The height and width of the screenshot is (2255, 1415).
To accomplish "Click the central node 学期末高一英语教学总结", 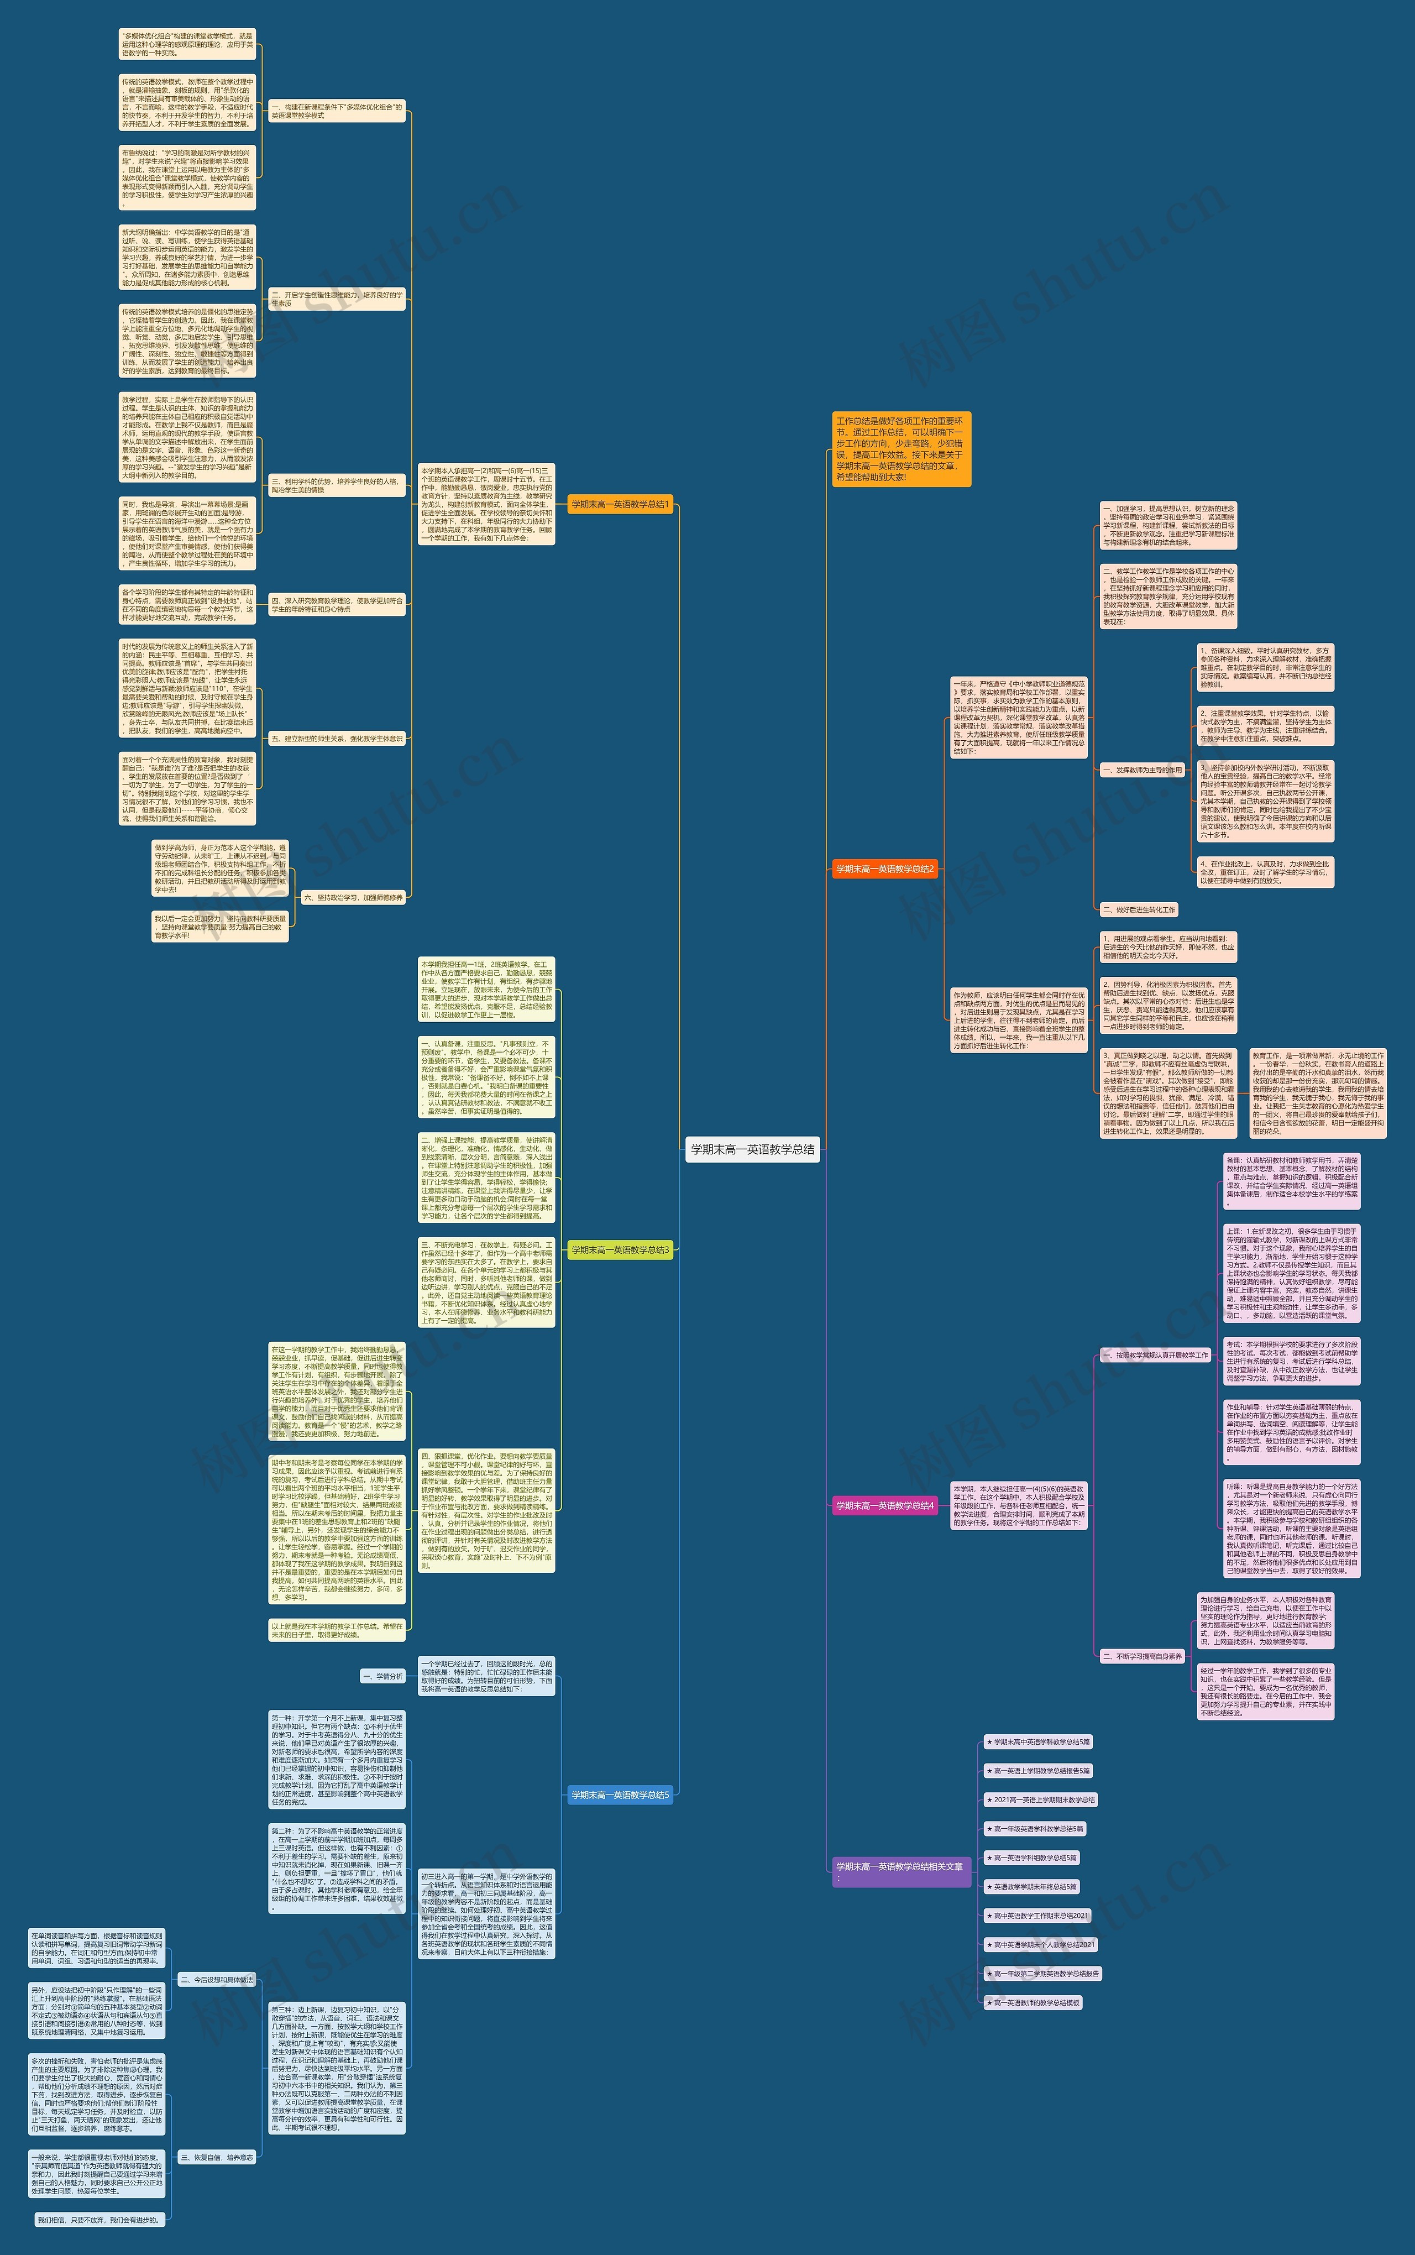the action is [x=752, y=1149].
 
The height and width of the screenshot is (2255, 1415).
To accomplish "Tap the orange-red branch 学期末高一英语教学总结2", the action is [x=884, y=868].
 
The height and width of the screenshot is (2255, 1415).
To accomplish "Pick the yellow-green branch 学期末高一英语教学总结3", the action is [x=620, y=1249].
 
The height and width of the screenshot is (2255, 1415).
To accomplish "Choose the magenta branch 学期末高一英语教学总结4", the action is [x=884, y=1505].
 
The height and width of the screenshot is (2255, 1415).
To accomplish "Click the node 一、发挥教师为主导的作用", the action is [x=1143, y=770].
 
